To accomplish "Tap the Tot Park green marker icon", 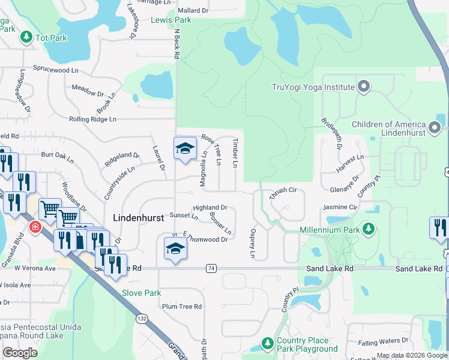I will (x=26, y=37).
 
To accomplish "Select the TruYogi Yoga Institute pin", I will (x=363, y=87).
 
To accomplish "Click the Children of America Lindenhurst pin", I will (x=435, y=128).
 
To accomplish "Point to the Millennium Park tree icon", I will (x=369, y=229).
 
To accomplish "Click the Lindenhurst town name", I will (x=138, y=218).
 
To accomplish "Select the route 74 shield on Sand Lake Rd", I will (x=210, y=268).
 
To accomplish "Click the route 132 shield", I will (x=142, y=317).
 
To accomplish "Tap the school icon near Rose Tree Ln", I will (x=185, y=148).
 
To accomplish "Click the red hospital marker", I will (x=35, y=227).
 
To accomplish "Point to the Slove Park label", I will (x=142, y=293).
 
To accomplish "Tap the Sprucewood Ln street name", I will (x=56, y=69).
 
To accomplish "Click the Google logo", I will (x=20, y=353).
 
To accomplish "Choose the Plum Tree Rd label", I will (x=182, y=306).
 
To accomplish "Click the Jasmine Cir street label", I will (x=340, y=206).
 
